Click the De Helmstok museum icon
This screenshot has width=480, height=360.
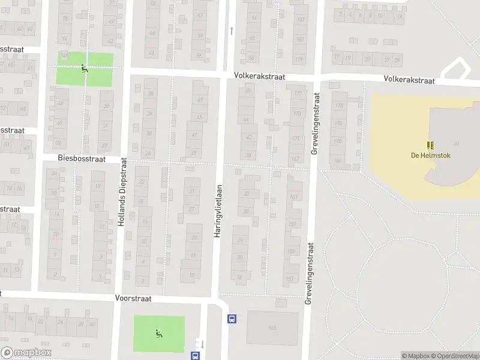pyautogui.click(x=430, y=145)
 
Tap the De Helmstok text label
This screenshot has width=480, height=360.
pyautogui.click(x=430, y=155)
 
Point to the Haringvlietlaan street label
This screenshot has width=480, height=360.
pyautogui.click(x=218, y=209)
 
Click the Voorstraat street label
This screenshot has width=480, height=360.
pyautogui.click(x=133, y=298)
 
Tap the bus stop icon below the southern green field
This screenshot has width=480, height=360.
pyautogui.click(x=195, y=356)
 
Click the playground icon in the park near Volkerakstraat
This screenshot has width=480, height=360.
pyautogui.click(x=84, y=68)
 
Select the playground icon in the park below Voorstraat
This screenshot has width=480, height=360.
pyautogui.click(x=158, y=333)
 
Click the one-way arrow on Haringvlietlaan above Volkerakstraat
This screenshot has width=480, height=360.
pyautogui.click(x=232, y=30)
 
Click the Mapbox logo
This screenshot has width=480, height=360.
pyautogui.click(x=25, y=353)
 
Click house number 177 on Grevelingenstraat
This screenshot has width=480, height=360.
pyautogui.click(x=298, y=94)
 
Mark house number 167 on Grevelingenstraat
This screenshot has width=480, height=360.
pyautogui.click(x=295, y=159)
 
